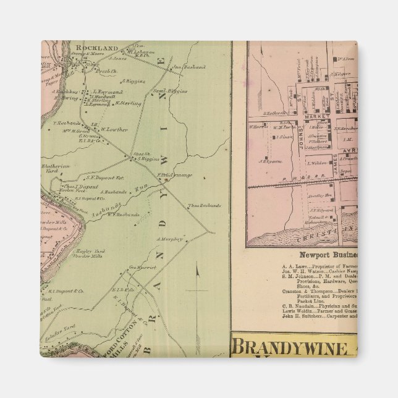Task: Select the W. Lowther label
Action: (114, 130)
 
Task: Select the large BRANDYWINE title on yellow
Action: (290, 348)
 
